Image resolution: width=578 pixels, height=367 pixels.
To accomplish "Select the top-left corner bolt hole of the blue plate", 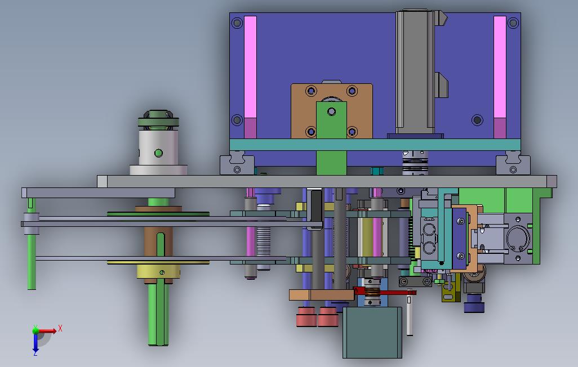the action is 237,23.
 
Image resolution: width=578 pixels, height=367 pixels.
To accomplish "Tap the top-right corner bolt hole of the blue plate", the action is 513,23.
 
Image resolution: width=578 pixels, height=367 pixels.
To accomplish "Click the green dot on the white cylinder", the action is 158,153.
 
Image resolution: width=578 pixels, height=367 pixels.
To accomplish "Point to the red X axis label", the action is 60,328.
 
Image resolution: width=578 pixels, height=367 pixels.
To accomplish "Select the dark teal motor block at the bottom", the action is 372,332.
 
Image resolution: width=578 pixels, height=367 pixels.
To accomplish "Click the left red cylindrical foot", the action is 306,317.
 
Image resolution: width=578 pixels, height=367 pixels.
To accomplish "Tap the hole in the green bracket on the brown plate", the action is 331,111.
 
